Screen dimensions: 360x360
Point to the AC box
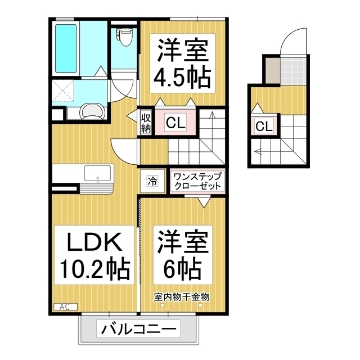point(63,307)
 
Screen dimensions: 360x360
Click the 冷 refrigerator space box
point(152,181)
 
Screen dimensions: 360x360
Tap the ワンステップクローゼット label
point(197,181)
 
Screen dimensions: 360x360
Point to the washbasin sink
point(92,111)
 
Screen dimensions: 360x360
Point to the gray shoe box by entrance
point(272,69)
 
